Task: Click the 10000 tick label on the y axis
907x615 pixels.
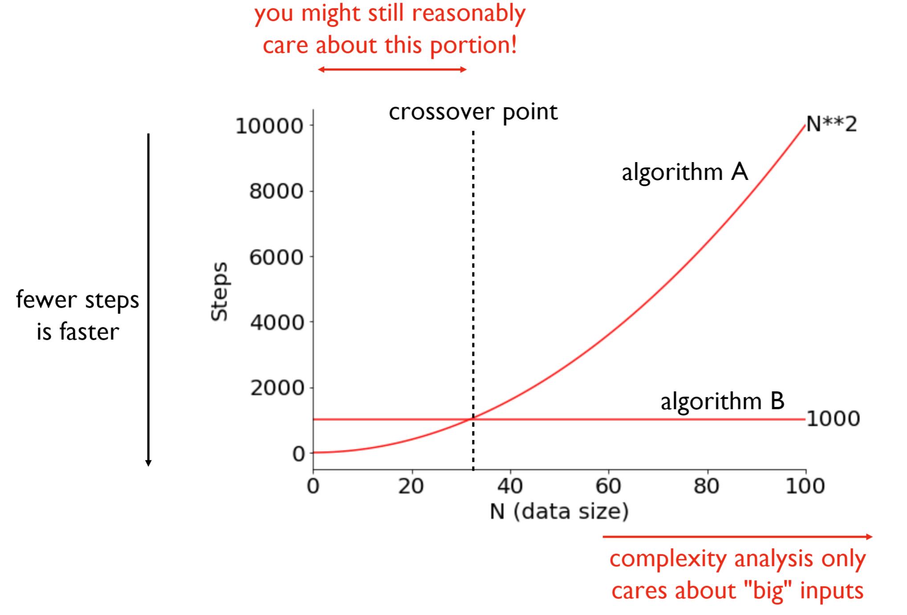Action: pyautogui.click(x=269, y=126)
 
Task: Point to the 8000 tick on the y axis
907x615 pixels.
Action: pyautogui.click(x=276, y=192)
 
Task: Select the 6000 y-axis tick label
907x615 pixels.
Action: pyautogui.click(x=276, y=257)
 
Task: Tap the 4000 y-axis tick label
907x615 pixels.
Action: pyautogui.click(x=276, y=322)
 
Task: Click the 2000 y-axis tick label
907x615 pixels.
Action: pyautogui.click(x=276, y=388)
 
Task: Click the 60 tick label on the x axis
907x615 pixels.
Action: pyautogui.click(x=609, y=486)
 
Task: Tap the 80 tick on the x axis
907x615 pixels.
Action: pyautogui.click(x=707, y=486)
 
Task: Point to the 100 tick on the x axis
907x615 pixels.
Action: pyautogui.click(x=805, y=486)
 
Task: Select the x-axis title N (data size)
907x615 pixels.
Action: pyautogui.click(x=559, y=511)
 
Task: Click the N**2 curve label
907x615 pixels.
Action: pyautogui.click(x=831, y=124)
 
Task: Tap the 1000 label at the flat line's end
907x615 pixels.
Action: pyautogui.click(x=833, y=419)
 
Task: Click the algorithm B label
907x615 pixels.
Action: pyautogui.click(x=722, y=401)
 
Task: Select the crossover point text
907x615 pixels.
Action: pyautogui.click(x=473, y=112)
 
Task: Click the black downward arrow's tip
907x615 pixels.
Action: pyautogui.click(x=149, y=466)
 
